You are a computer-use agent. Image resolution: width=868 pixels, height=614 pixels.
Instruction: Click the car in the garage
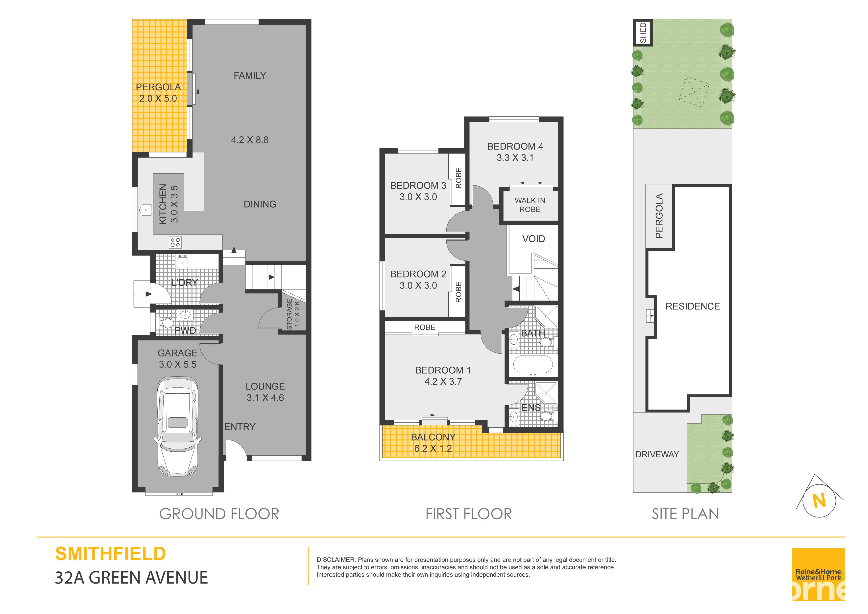(178, 426)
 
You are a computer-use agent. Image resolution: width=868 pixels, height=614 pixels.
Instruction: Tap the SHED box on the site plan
(643, 32)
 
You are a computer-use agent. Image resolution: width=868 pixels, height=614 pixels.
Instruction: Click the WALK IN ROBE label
(530, 205)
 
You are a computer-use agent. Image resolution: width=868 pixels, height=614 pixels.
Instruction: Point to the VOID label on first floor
(533, 239)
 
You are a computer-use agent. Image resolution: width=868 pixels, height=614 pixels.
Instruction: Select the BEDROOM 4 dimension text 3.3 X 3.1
(515, 158)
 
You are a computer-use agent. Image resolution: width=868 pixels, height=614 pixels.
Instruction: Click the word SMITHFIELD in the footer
(110, 554)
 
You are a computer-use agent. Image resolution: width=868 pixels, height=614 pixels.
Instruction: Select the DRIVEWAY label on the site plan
(657, 454)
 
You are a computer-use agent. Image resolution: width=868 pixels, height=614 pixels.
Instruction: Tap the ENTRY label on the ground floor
(240, 427)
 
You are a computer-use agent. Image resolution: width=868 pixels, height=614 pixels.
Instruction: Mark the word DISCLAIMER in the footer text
(336, 560)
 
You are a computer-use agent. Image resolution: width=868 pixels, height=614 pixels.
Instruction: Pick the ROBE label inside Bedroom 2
(458, 292)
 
